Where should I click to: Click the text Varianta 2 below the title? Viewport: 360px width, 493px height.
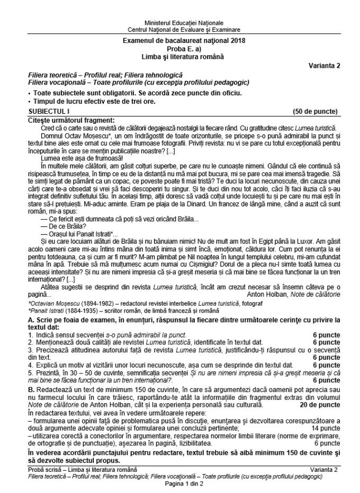click(x=323, y=65)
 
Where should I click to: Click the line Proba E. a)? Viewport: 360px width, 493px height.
click(x=179, y=49)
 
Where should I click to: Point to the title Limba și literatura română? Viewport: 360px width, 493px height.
click(x=179, y=56)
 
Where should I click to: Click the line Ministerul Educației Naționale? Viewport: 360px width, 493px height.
click(x=179, y=23)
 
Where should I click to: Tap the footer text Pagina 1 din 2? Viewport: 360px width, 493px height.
click(x=179, y=483)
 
